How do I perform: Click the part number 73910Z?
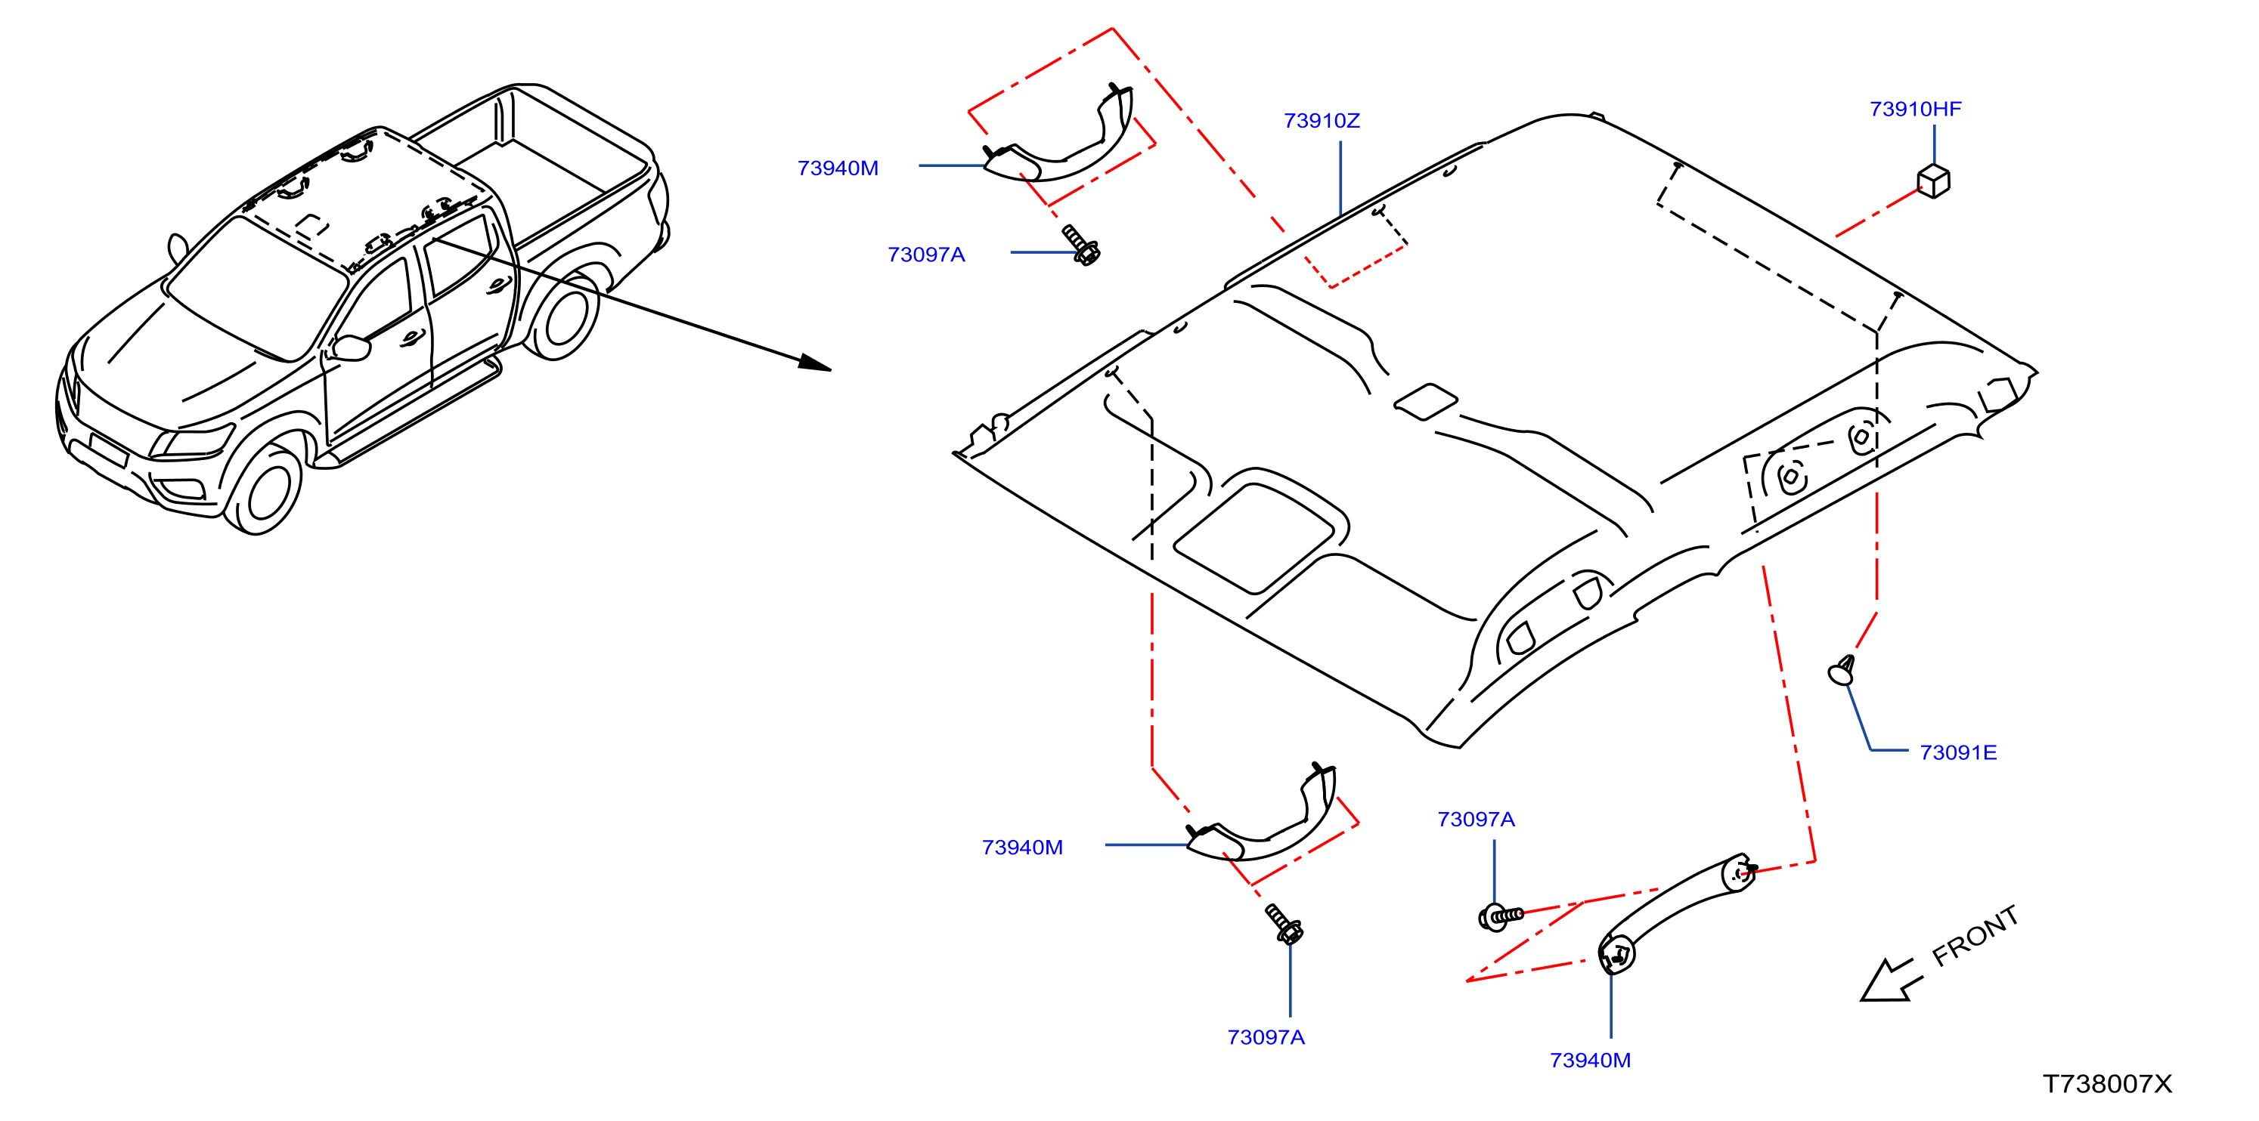tap(1322, 121)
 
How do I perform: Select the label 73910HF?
tap(1915, 110)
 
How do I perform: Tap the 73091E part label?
tap(1958, 753)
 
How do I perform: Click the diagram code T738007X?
tap(2107, 1084)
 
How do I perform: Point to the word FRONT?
tap(1975, 936)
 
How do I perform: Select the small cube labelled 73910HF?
tap(1934, 181)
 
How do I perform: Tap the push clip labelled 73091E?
tap(1842, 671)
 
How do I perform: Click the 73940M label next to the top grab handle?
tap(838, 168)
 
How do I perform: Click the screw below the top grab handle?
tap(1081, 245)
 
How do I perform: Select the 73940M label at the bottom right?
tap(1590, 1061)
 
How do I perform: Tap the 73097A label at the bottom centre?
tap(1266, 1038)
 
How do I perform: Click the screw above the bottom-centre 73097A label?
tap(1284, 925)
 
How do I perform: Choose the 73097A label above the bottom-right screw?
tap(1476, 820)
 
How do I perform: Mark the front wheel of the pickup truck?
tap(262, 490)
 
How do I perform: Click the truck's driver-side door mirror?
tap(352, 347)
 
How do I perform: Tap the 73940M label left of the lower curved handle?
tap(1022, 848)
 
